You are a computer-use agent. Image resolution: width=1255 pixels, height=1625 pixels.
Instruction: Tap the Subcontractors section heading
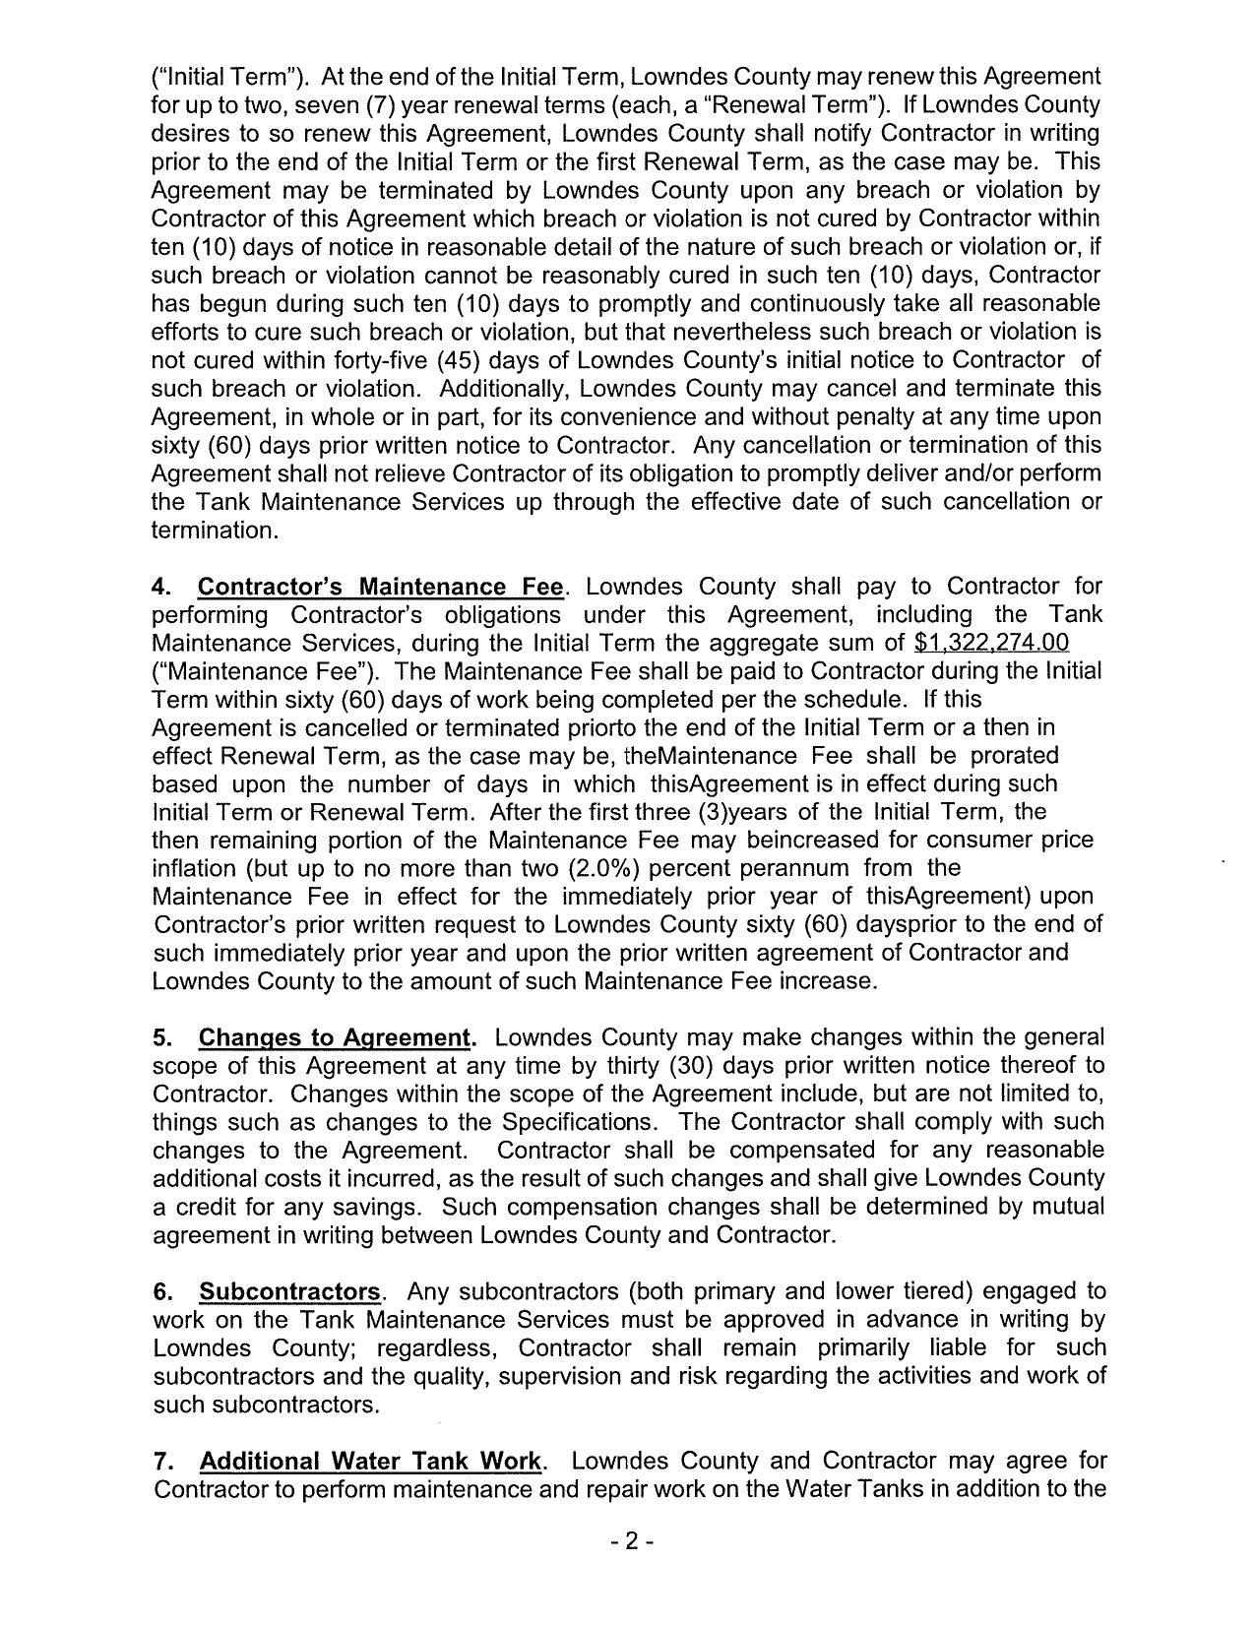(x=289, y=1291)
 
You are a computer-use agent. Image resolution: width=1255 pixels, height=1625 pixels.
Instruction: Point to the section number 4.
(x=160, y=588)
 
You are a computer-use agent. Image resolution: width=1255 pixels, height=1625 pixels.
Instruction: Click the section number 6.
(x=161, y=1291)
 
